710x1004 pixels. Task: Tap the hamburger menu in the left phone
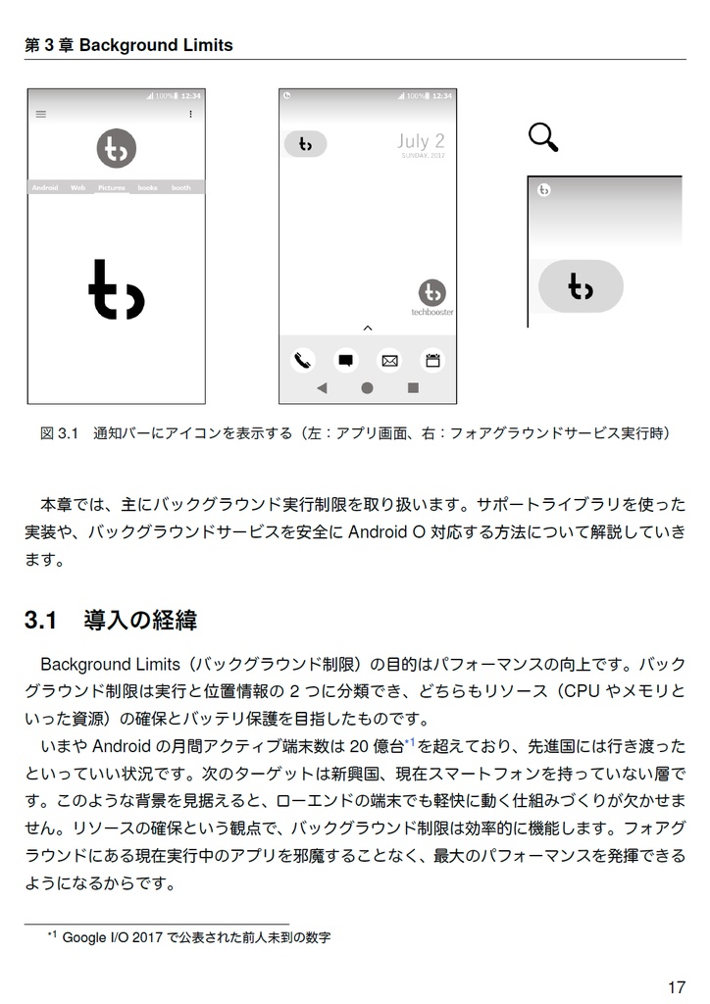click(x=41, y=115)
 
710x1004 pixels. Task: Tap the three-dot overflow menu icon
click(x=190, y=115)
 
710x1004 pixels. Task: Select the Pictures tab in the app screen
click(x=112, y=187)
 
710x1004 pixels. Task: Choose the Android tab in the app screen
click(x=45, y=187)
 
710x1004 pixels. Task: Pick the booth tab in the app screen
click(x=181, y=187)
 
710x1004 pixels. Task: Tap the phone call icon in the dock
click(x=302, y=360)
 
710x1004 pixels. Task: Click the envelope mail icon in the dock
click(x=389, y=360)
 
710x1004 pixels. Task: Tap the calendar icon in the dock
click(x=432, y=360)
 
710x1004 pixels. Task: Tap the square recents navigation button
click(x=413, y=388)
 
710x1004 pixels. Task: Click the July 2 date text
click(x=421, y=141)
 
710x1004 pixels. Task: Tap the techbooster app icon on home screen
click(x=431, y=292)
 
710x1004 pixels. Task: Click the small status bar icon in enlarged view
click(x=543, y=189)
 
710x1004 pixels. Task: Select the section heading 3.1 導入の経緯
click(x=111, y=620)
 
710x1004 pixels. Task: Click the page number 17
click(x=676, y=987)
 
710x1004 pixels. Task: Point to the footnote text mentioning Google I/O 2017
click(x=196, y=937)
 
